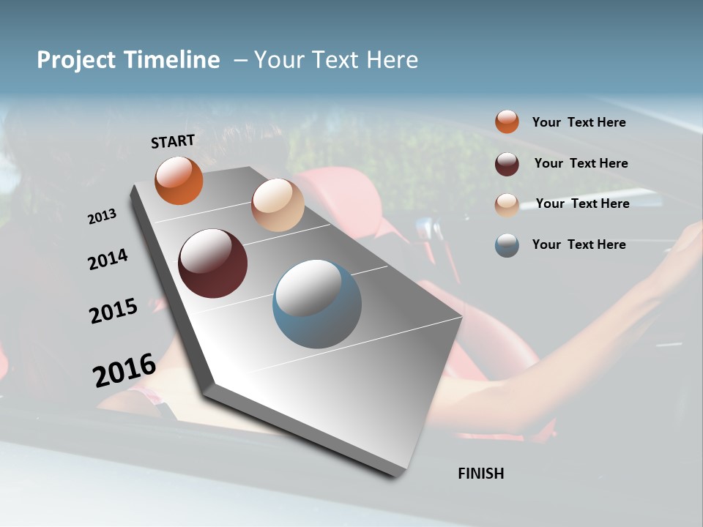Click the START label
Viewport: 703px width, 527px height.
pyautogui.click(x=173, y=141)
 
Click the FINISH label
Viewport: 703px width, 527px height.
pyautogui.click(x=480, y=474)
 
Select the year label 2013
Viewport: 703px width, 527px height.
pyautogui.click(x=102, y=217)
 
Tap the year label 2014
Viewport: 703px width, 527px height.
pyautogui.click(x=108, y=260)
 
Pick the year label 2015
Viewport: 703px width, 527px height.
pyautogui.click(x=114, y=311)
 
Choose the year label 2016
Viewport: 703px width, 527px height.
pyautogui.click(x=124, y=370)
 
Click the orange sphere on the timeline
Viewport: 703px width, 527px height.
pyautogui.click(x=179, y=180)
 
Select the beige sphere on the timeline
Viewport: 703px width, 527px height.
pyautogui.click(x=278, y=205)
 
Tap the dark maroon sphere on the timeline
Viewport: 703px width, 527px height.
pyautogui.click(x=212, y=263)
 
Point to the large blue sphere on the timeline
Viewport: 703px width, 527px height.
pyautogui.click(x=317, y=304)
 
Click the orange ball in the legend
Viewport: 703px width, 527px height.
pyautogui.click(x=507, y=122)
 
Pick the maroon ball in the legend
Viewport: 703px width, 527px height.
pyautogui.click(x=507, y=164)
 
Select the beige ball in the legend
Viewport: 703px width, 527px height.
pyautogui.click(x=507, y=205)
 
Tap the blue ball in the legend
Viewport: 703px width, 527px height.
pyautogui.click(x=507, y=246)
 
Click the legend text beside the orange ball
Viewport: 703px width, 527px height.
pyautogui.click(x=579, y=122)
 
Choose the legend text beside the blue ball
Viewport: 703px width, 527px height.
pyautogui.click(x=579, y=244)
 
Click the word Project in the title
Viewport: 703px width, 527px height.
pyautogui.click(x=75, y=60)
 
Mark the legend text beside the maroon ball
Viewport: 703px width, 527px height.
pyautogui.click(x=581, y=163)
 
